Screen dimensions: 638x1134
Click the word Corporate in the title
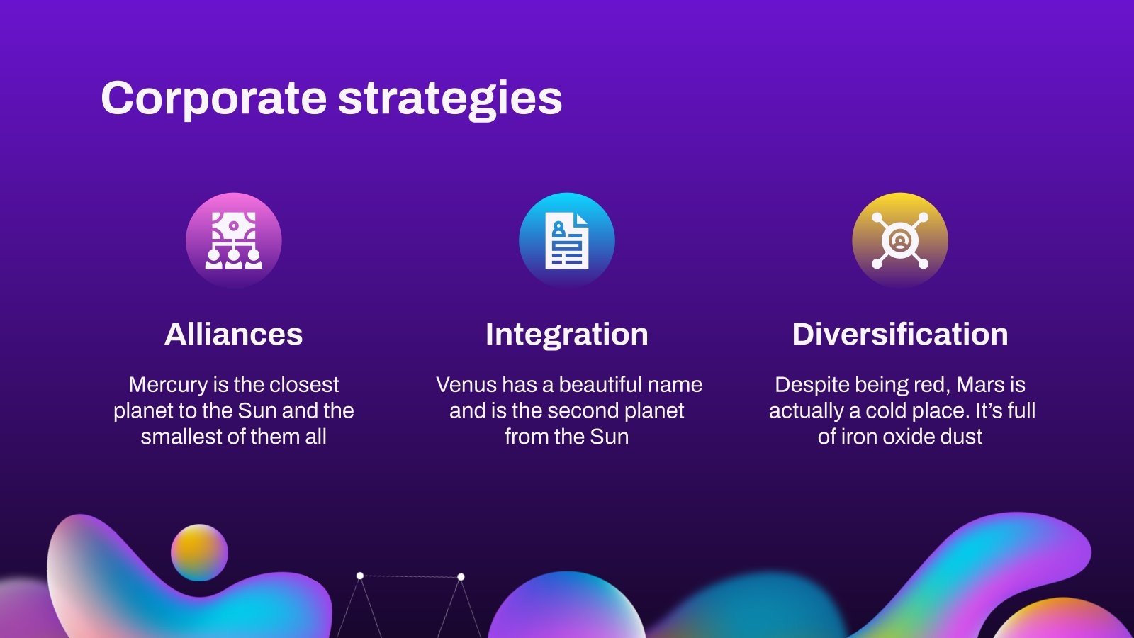[213, 99]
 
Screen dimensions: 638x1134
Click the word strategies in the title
[450, 99]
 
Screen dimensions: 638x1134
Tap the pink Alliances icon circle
[234, 240]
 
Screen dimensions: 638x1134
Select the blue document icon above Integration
[567, 240]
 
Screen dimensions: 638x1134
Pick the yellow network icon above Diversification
[900, 240]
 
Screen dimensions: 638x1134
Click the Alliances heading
[234, 334]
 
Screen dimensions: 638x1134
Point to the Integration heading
[567, 334]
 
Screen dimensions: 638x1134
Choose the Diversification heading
[900, 334]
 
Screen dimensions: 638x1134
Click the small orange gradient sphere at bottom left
[199, 552]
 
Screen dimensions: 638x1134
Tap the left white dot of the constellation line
[360, 576]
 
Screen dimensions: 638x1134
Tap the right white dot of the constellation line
[461, 577]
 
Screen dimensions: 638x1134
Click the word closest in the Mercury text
[304, 385]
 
